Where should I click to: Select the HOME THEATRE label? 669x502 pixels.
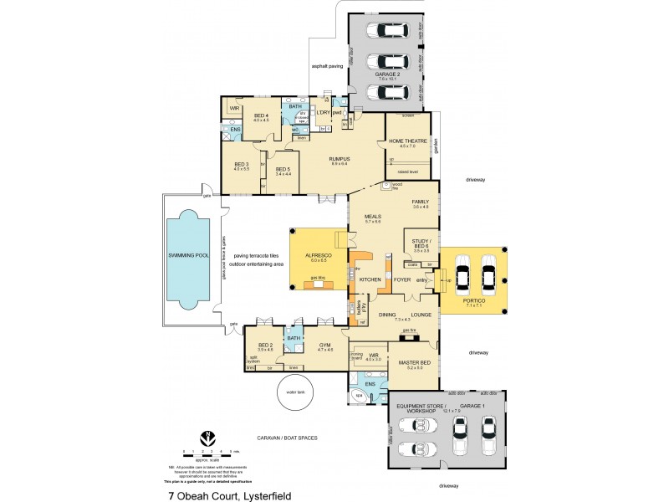coord(407,141)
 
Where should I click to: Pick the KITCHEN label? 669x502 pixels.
coord(370,279)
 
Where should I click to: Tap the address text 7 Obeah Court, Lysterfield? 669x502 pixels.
coord(229,494)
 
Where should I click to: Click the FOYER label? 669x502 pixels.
coord(402,279)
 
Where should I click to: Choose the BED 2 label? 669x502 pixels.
coord(265,345)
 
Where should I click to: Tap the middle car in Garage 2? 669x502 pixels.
coord(392,63)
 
